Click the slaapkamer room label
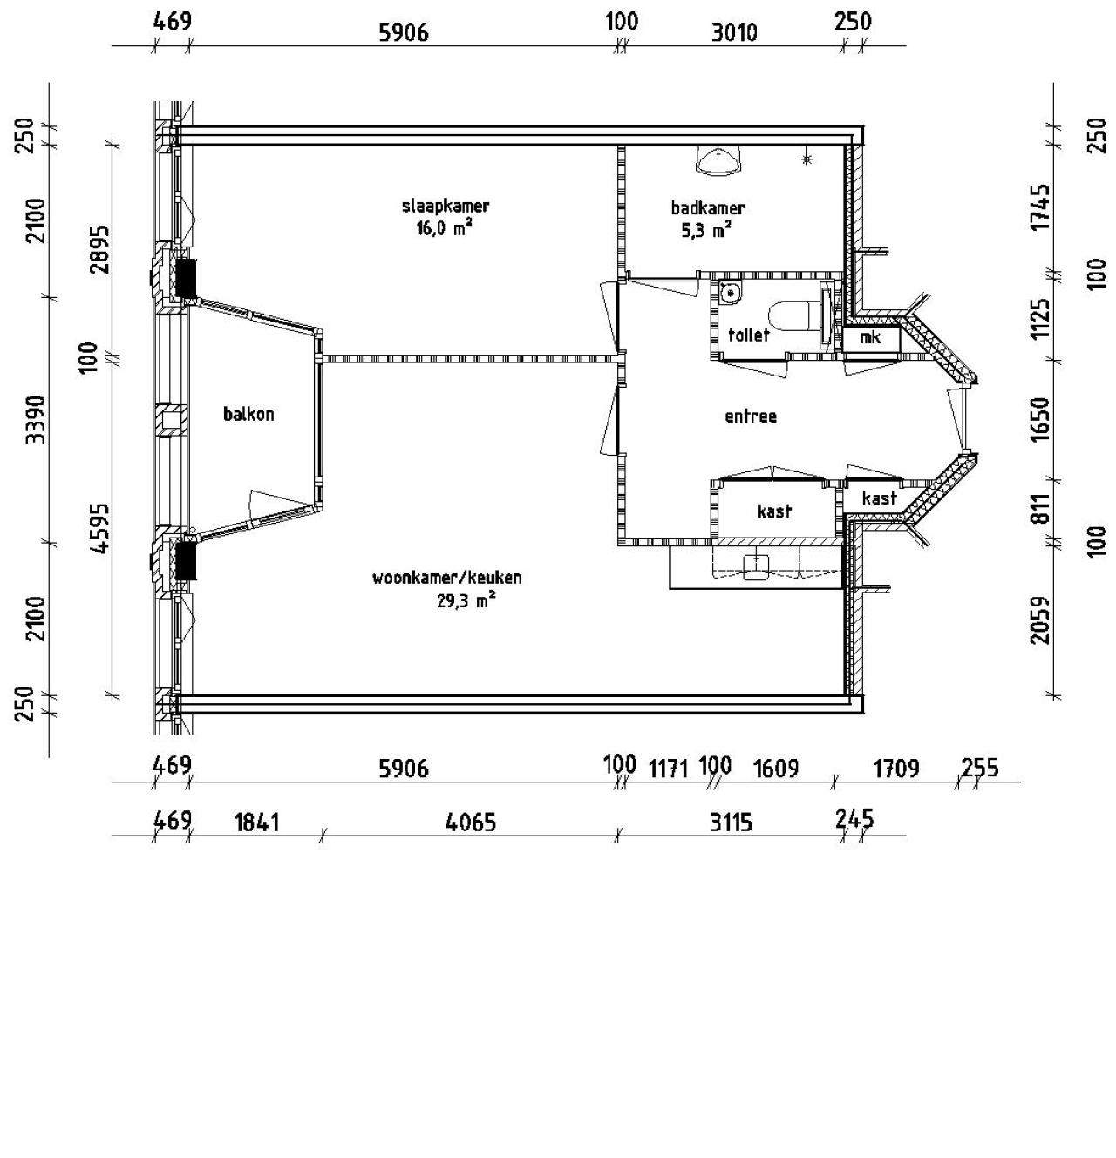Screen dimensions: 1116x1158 (446, 206)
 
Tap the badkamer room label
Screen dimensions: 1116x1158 (708, 207)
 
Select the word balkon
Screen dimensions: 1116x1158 (248, 414)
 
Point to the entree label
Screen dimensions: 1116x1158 (751, 416)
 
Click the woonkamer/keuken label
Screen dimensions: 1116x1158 (447, 577)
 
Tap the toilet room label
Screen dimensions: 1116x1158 (749, 335)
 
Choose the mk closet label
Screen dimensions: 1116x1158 (870, 337)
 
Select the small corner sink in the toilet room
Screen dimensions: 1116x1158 (730, 292)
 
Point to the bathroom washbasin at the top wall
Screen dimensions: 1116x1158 (718, 159)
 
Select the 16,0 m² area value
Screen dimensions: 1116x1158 (445, 228)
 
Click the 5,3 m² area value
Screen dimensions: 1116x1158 (706, 230)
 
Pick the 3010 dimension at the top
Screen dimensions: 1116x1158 (734, 32)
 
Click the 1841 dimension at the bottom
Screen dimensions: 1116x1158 (257, 823)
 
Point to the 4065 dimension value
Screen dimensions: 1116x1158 (471, 823)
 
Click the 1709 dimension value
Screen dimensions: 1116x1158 (896, 769)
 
